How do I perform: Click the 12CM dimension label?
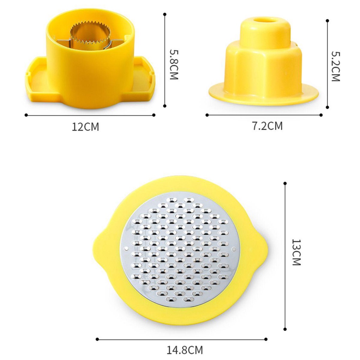click(85, 127)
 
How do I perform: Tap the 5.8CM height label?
click(174, 65)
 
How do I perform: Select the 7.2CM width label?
click(267, 126)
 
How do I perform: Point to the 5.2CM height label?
click(335, 66)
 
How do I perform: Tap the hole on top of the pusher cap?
click(265, 20)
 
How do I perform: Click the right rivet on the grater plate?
click(234, 249)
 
